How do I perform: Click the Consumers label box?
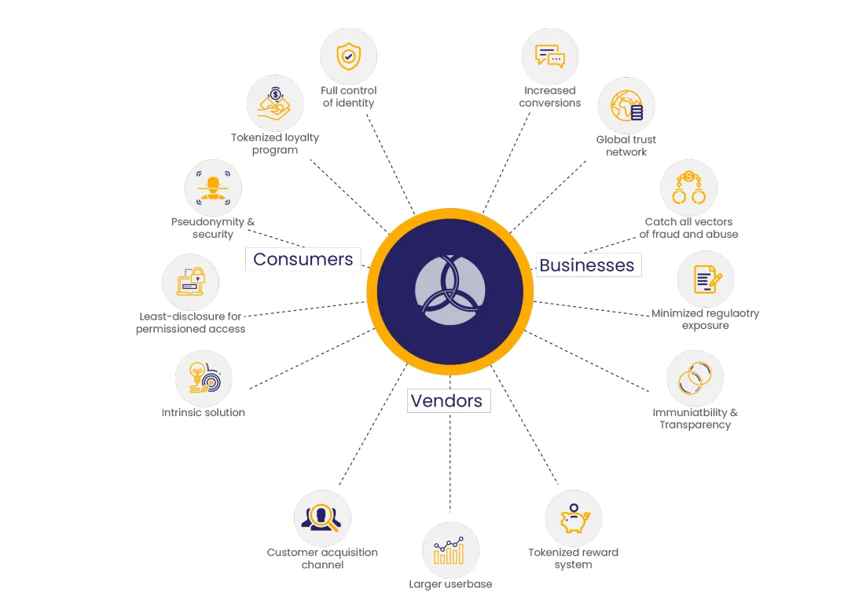(303, 259)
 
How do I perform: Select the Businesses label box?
(588, 265)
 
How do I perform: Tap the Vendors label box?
(449, 400)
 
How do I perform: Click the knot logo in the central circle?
(450, 290)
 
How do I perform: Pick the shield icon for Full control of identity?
(348, 57)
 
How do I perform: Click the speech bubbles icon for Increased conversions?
(549, 57)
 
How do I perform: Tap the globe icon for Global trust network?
(626, 105)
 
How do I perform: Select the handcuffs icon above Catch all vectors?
(688, 188)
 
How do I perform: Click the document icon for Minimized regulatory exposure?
(706, 279)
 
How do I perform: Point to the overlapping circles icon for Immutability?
(695, 378)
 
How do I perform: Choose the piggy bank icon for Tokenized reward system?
(574, 518)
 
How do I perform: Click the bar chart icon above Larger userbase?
(449, 551)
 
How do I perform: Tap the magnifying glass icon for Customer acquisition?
(321, 518)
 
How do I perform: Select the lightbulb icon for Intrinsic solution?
(204, 378)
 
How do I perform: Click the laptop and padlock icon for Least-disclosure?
(190, 282)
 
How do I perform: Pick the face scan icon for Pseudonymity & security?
(213, 188)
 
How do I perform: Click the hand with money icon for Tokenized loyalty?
(275, 104)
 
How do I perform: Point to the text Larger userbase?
(450, 584)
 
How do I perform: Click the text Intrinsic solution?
(204, 413)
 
